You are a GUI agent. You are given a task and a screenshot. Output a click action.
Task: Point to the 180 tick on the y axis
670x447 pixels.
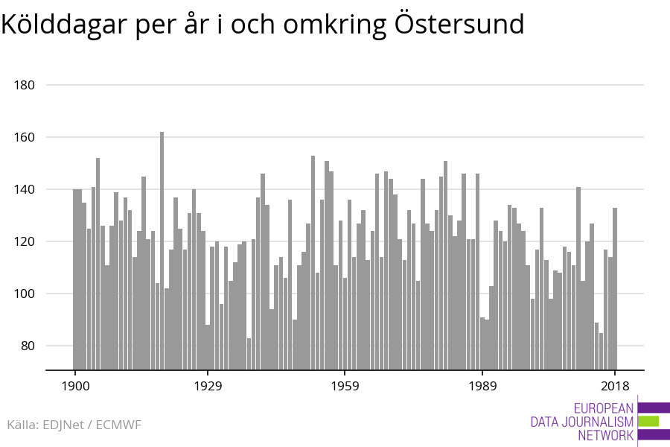click(x=25, y=85)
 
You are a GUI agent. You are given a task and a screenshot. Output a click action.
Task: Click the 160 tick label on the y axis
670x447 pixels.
click(x=25, y=137)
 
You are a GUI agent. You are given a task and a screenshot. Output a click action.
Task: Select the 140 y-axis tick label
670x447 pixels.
click(x=25, y=189)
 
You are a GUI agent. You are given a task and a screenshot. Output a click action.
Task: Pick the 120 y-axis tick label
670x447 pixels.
click(x=25, y=241)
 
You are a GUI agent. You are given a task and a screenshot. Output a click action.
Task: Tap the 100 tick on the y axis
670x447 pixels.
click(x=25, y=294)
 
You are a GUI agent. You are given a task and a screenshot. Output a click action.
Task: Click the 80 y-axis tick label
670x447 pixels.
click(x=28, y=346)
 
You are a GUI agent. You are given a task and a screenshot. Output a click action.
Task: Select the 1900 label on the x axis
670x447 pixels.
click(x=75, y=386)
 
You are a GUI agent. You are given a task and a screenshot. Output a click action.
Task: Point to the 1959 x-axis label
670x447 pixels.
click(x=345, y=386)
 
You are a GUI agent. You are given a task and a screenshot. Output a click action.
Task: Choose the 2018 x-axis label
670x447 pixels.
click(x=615, y=386)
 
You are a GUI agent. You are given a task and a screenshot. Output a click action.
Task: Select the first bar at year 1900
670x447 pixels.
click(x=75, y=279)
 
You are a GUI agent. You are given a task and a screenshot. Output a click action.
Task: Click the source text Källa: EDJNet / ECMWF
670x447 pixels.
click(x=74, y=425)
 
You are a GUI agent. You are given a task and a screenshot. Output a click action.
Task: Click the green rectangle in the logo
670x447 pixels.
click(x=648, y=421)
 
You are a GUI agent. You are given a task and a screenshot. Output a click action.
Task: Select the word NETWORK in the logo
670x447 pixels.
click(x=605, y=436)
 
